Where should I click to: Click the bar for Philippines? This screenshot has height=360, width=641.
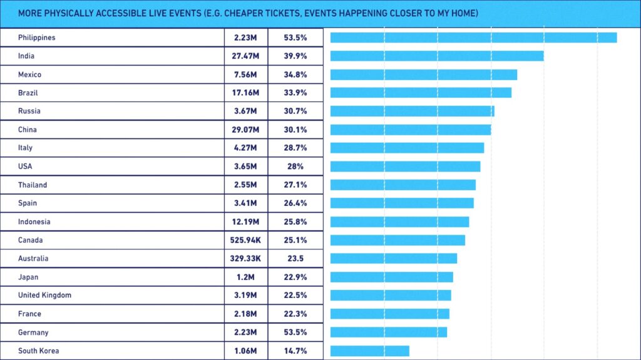click(473, 38)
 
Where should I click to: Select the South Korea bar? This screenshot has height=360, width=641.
click(369, 351)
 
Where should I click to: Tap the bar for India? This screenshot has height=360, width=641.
click(437, 56)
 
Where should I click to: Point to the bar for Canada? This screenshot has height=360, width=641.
click(397, 240)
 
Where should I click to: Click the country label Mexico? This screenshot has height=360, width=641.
click(30, 75)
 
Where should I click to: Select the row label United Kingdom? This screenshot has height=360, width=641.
click(44, 296)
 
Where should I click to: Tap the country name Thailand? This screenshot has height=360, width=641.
click(33, 185)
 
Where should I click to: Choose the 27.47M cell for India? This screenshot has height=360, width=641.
click(246, 56)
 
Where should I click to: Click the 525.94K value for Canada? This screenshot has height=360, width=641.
click(246, 240)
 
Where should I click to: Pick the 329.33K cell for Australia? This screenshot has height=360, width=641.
click(246, 259)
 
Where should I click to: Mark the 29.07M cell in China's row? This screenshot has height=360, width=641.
click(246, 130)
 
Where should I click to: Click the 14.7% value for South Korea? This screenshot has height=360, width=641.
click(295, 351)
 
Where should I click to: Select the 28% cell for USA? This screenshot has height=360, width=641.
click(295, 167)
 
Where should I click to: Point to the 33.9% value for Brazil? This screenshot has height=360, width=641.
click(295, 93)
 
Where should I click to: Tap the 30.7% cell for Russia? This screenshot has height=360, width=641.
click(295, 111)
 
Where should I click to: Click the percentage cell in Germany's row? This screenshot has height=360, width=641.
click(295, 332)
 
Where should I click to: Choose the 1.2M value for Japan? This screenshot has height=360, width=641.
click(246, 277)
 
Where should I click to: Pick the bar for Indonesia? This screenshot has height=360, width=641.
click(399, 222)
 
